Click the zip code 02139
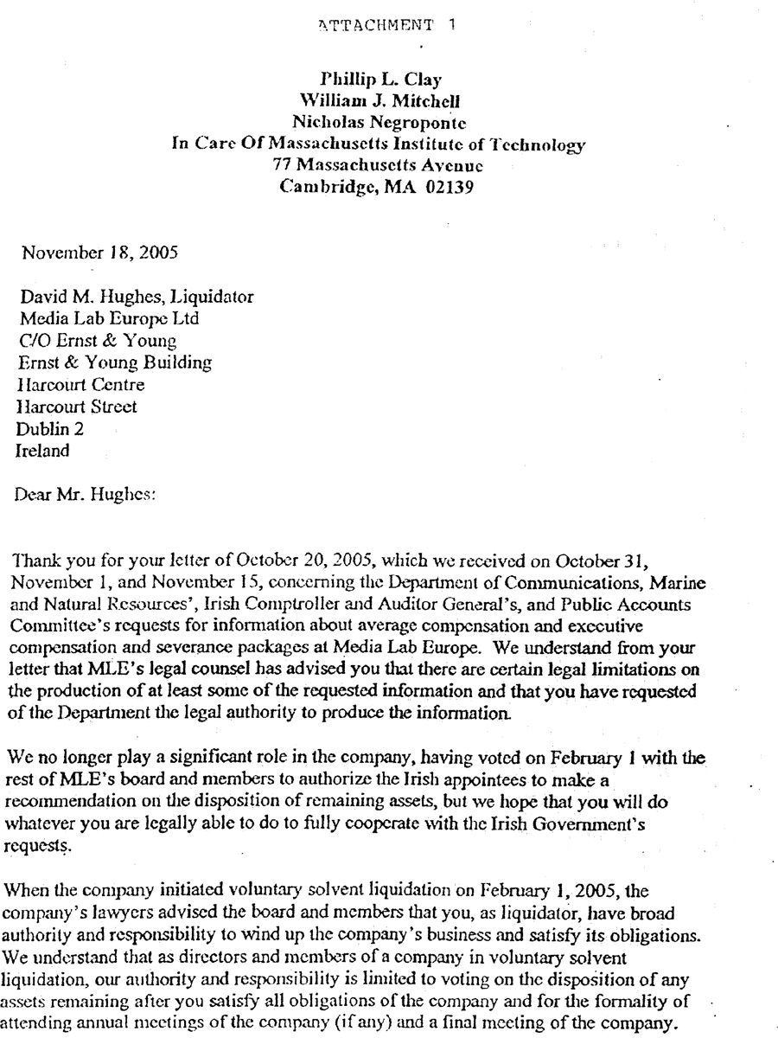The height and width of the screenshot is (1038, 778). [450, 187]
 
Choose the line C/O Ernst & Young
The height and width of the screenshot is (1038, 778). [96, 341]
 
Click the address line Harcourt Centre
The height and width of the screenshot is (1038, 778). [80, 384]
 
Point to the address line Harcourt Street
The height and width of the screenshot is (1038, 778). [77, 406]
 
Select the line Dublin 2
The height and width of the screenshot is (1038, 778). [50, 428]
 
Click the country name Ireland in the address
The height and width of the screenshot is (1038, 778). [42, 450]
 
